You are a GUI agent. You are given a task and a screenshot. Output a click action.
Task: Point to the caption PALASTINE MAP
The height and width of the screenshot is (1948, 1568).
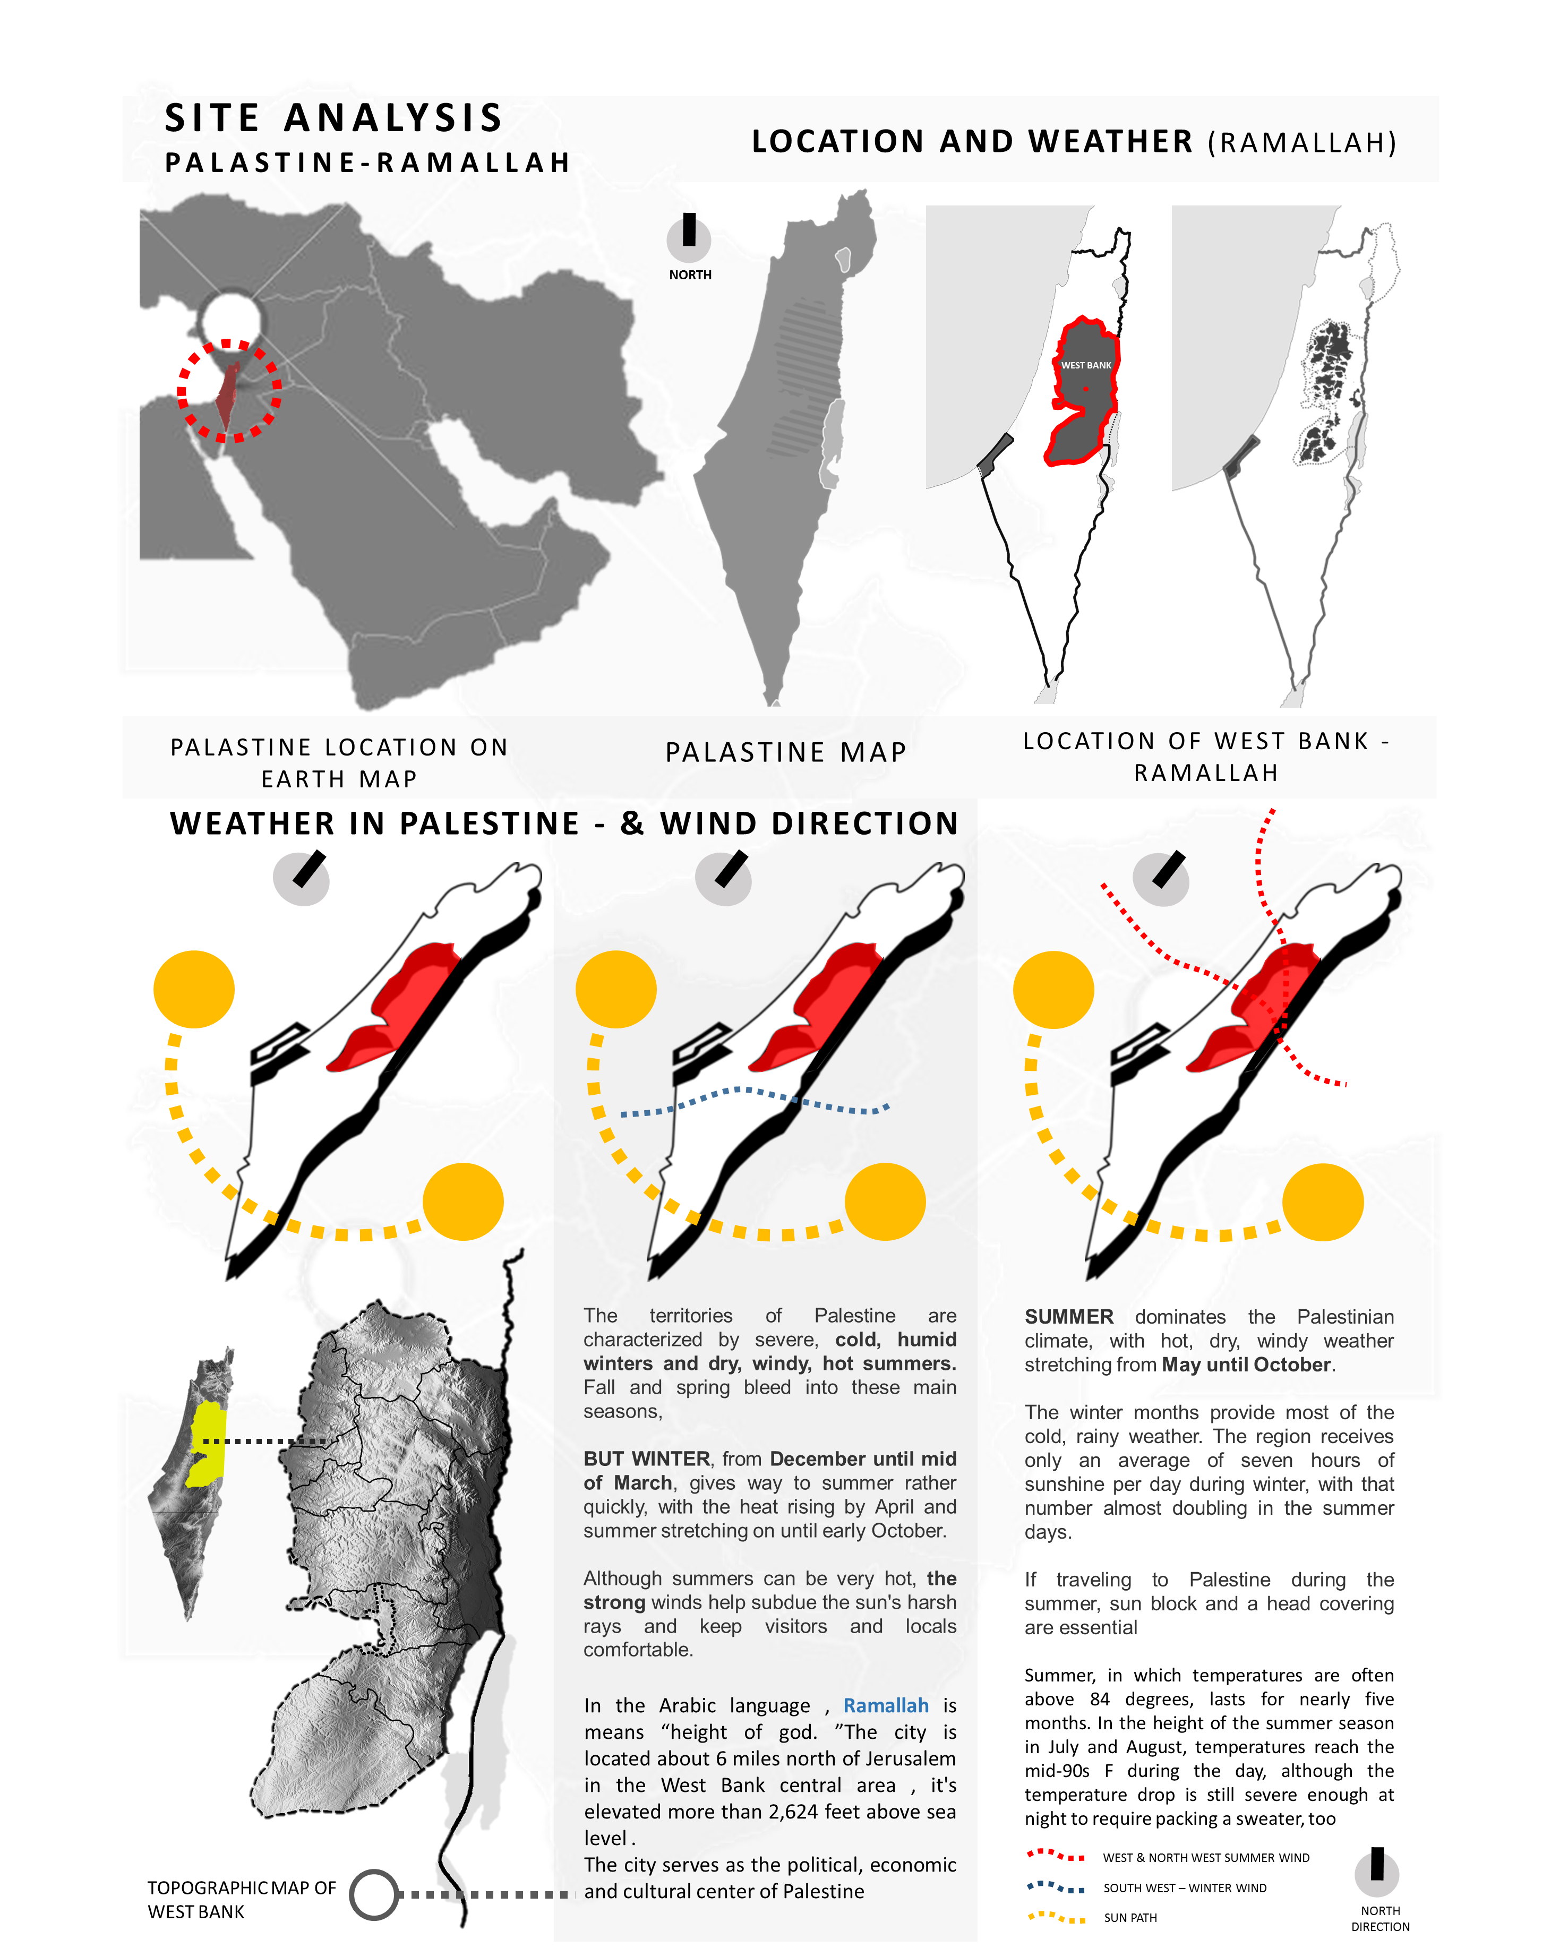785,752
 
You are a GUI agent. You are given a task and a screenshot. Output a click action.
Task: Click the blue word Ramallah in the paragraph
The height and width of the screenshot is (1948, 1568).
886,1705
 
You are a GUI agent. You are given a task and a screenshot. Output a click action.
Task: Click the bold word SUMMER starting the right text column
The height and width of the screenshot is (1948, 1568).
1068,1316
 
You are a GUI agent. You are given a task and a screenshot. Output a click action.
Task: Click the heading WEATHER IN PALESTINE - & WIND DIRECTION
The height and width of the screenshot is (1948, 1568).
564,823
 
